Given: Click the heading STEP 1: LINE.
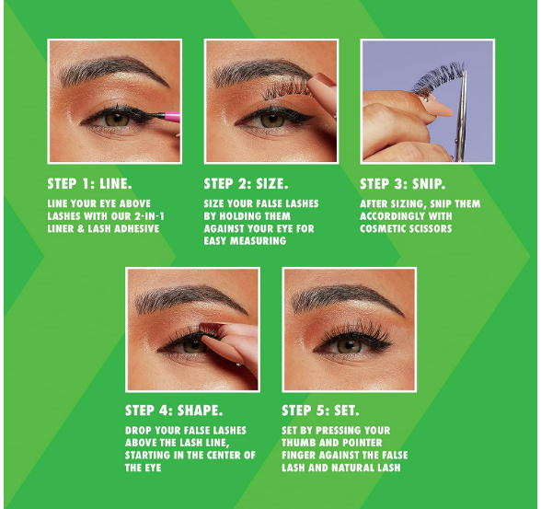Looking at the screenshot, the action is pos(89,183).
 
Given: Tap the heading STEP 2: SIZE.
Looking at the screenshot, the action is pos(246,183).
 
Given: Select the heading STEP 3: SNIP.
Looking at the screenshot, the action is pos(402,183).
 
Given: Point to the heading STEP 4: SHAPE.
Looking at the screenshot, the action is pos(174,411).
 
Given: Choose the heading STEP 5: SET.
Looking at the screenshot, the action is pos(320,411).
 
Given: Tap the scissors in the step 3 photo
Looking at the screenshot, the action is pos(461,116).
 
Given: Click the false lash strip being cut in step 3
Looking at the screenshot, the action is pos(438,78).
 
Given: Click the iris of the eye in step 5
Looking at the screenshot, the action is pos(349,346).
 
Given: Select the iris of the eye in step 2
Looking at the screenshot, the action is pos(272,120).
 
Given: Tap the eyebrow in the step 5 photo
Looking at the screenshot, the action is pos(347,298).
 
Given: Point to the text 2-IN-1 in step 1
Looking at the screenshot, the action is pos(149,216).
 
